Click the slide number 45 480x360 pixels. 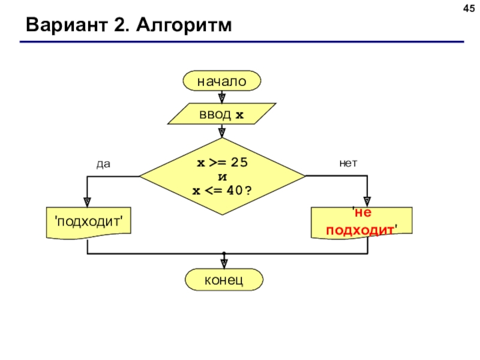click(469, 8)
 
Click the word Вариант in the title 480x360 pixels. click(67, 25)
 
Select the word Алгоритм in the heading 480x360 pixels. click(184, 25)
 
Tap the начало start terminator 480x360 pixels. click(222, 81)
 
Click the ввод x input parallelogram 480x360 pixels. click(221, 114)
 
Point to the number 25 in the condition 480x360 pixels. click(239, 162)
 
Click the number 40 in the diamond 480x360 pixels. click(235, 190)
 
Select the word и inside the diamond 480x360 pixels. click(223, 177)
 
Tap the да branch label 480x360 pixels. click(103, 164)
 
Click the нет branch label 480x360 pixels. click(348, 163)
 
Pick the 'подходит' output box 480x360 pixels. click(89, 223)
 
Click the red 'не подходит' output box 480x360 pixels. click(362, 223)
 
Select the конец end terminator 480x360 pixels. click(224, 280)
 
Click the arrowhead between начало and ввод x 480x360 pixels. click(222, 98)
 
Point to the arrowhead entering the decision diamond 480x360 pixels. click(222, 133)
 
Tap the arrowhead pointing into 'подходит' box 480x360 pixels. click(87, 202)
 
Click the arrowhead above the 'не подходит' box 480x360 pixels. click(367, 202)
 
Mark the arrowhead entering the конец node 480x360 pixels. click(224, 264)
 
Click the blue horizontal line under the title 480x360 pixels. click(242, 41)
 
